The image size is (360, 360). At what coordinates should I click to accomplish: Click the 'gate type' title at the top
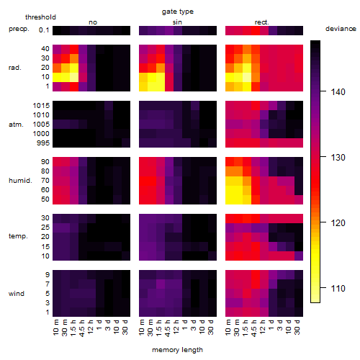[178, 12]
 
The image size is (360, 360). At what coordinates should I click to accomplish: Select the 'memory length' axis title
[177, 350]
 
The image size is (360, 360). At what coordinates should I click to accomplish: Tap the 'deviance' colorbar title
[341, 29]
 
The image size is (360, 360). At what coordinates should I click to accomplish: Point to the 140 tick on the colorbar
[323, 91]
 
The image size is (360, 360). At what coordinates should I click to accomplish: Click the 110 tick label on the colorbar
[338, 288]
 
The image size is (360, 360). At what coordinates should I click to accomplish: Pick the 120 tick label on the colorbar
[338, 222]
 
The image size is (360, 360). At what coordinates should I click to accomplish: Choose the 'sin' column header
[177, 22]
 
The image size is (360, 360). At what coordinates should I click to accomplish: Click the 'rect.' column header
[262, 22]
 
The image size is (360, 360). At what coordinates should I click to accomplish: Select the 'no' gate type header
[93, 22]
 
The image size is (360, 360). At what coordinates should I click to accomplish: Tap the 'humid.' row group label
[20, 181]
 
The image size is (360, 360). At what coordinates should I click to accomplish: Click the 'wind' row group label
[17, 294]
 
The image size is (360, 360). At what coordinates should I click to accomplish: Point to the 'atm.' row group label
[16, 125]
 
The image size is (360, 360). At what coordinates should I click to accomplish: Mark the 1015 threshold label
[41, 106]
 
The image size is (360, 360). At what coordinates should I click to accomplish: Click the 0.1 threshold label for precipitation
[44, 30]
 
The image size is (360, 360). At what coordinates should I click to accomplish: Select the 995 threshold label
[43, 143]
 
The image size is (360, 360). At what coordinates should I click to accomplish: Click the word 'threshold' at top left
[40, 17]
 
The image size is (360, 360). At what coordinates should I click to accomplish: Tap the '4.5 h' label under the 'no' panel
[82, 328]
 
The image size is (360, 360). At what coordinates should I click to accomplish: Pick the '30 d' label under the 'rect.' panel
[297, 327]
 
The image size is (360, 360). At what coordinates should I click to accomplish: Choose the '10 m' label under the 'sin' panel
[142, 328]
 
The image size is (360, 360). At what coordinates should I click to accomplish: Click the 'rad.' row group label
[15, 68]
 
